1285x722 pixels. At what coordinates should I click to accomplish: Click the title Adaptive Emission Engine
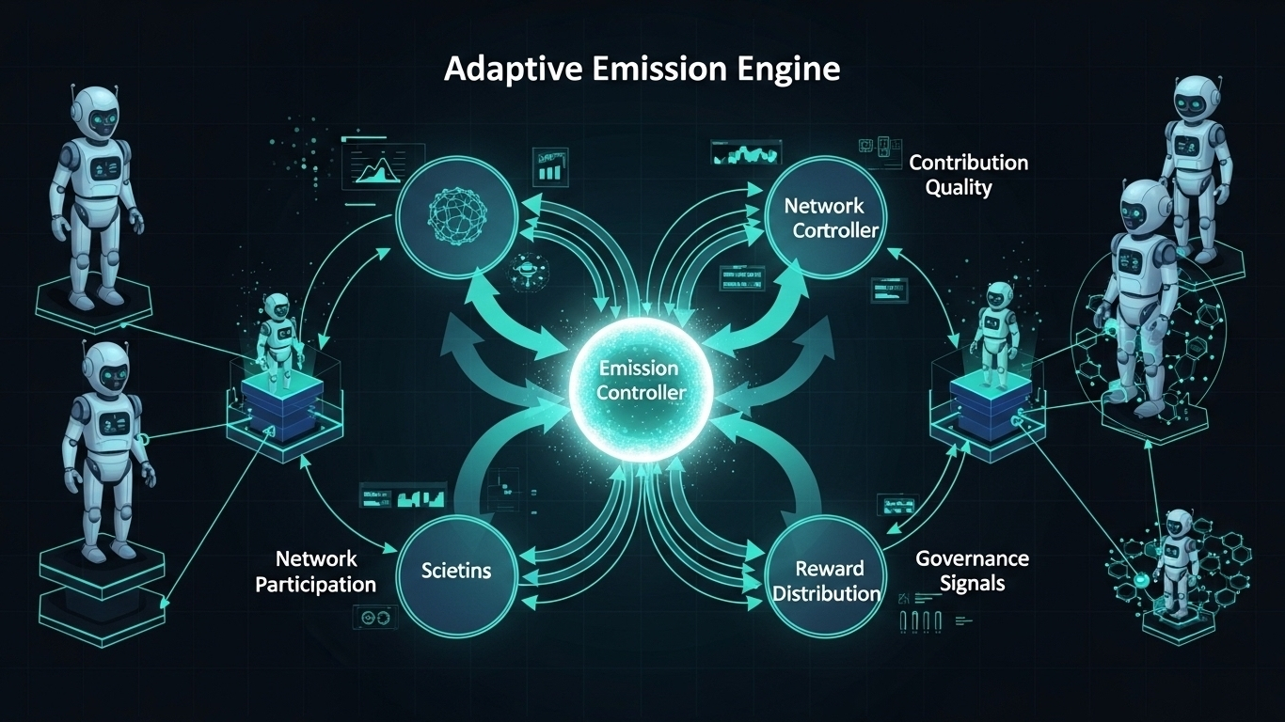pos(642,70)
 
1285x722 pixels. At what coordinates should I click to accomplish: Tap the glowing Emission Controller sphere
pos(642,380)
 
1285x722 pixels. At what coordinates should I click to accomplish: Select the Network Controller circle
pos(824,217)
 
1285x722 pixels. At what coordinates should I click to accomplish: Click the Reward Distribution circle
pos(824,580)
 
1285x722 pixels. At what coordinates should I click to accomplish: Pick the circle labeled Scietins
pos(456,570)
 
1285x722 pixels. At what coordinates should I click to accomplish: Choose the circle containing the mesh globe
pos(456,215)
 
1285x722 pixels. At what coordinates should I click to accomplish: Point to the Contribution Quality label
pos(968,174)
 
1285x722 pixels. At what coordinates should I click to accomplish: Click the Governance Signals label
pos(972,571)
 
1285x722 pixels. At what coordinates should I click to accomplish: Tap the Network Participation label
pos(315,572)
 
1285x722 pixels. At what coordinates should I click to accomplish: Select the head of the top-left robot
pos(95,110)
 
